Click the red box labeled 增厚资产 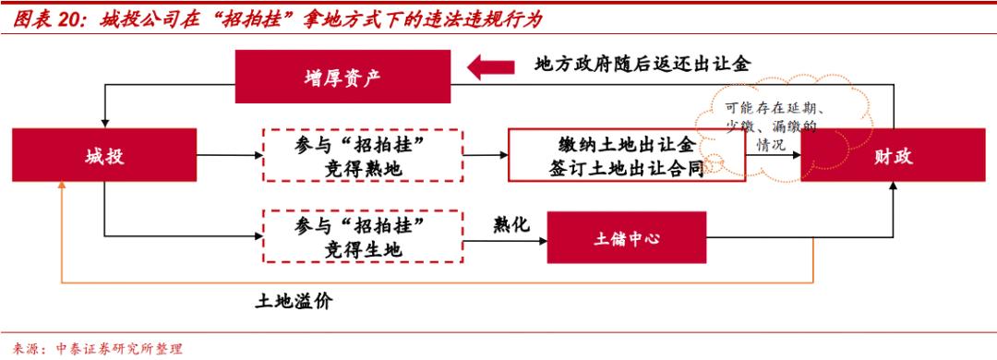tap(342, 77)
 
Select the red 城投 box tap(104, 155)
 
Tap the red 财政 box tap(893, 155)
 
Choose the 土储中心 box tap(627, 238)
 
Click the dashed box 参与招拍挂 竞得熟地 tap(362, 155)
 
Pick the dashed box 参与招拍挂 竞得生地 tap(362, 238)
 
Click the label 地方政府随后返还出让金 tap(644, 64)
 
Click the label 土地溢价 tap(293, 302)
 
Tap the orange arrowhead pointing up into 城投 tap(62, 185)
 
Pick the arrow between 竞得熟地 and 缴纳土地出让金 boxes tap(486, 155)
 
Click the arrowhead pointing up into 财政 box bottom tap(893, 187)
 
